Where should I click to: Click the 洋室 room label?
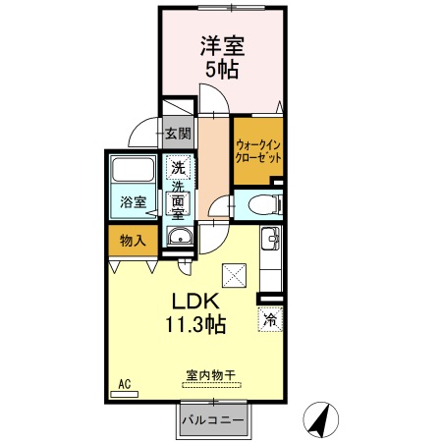[224, 46]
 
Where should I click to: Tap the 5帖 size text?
[224, 71]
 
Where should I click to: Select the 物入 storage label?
[133, 240]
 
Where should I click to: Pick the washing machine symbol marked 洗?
[178, 167]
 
